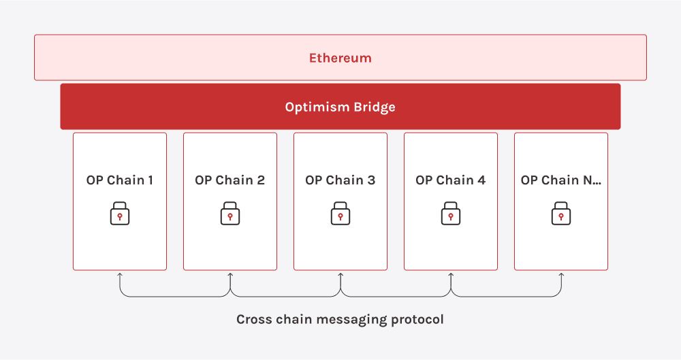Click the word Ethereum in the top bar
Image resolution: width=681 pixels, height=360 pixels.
click(x=340, y=58)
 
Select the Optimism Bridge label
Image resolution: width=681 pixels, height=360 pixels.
click(x=340, y=107)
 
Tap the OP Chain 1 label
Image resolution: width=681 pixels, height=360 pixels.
click(x=120, y=180)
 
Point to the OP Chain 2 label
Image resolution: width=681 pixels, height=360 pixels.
click(x=230, y=180)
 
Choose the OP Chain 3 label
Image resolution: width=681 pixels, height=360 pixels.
click(x=340, y=180)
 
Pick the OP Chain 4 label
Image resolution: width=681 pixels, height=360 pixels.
click(x=451, y=180)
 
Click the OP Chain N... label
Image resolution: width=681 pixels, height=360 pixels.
click(x=561, y=180)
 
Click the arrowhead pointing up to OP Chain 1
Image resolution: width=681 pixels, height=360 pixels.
click(x=120, y=275)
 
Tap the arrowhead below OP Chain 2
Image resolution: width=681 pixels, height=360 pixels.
click(x=230, y=275)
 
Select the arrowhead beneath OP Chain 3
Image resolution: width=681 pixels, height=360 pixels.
click(x=340, y=275)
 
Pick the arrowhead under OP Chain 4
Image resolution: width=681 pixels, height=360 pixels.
click(x=451, y=275)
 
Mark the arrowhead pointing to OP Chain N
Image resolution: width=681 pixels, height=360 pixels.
click(x=561, y=275)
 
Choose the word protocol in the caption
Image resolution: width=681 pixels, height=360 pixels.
click(x=419, y=319)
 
